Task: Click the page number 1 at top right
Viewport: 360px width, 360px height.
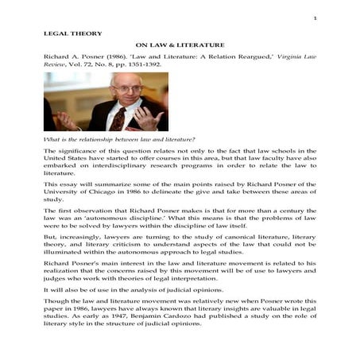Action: coord(315,17)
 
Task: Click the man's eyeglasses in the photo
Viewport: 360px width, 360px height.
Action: coord(120,88)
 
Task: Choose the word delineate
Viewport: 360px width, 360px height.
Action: coord(184,192)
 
